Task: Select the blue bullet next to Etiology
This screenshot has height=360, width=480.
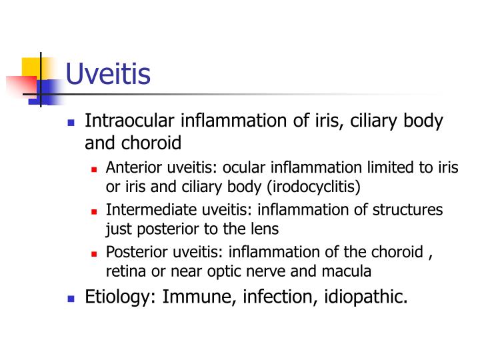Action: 71,298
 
